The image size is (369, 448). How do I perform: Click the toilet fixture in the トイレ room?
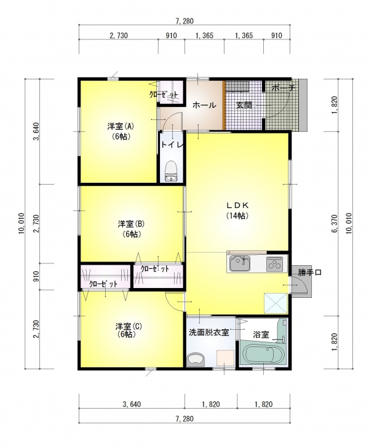pos(171,171)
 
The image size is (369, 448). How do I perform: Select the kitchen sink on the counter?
pos(240,263)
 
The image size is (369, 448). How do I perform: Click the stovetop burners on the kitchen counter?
pos(274,264)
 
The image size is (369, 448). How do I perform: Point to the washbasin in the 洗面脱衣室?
pos(196,359)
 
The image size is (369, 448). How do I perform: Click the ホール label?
pos(204,105)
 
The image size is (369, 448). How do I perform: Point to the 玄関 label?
pos(244,105)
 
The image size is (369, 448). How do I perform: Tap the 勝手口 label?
pos(310,272)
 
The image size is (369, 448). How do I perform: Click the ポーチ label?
pos(283,88)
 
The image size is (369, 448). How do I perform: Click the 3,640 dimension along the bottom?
pos(132,404)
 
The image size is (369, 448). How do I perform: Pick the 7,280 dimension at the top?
pos(184,21)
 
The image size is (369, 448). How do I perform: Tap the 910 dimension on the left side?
pos(36,276)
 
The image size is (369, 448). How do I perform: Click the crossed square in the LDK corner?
pos(276,303)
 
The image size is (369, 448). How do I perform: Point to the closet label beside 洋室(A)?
pos(164,95)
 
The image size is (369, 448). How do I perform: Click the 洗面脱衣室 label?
pos(209,332)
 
